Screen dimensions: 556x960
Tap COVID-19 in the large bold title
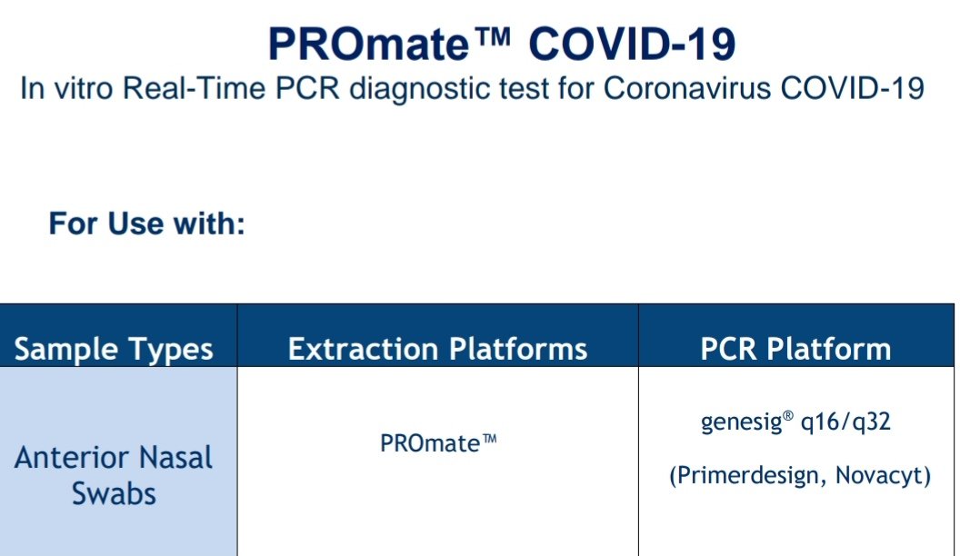pyautogui.click(x=632, y=45)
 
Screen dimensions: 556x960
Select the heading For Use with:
pyautogui.click(x=147, y=223)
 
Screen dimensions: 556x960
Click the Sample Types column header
pyautogui.click(x=115, y=349)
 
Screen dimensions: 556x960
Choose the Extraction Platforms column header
pyautogui.click(x=437, y=349)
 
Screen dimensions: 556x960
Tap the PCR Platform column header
pyautogui.click(x=795, y=349)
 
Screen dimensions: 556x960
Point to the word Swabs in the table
pyautogui.click(x=114, y=493)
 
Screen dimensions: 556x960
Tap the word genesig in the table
pyautogui.click(x=735, y=423)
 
